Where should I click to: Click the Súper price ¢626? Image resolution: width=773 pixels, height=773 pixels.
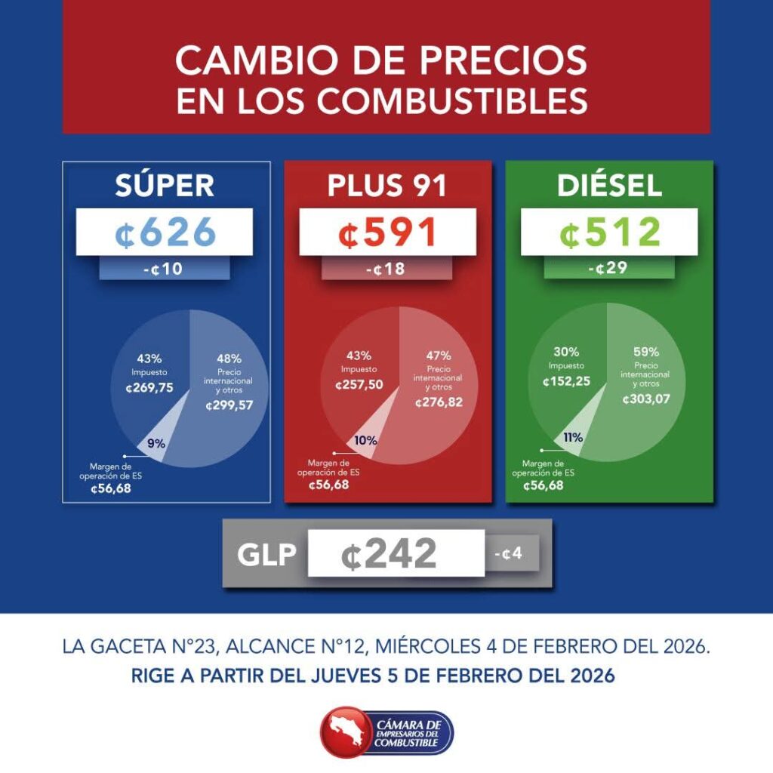click(165, 233)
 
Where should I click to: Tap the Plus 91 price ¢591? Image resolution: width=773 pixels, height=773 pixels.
click(388, 233)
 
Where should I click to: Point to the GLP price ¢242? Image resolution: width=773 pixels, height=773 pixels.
click(389, 556)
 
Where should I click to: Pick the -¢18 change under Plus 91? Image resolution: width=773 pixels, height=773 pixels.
click(386, 269)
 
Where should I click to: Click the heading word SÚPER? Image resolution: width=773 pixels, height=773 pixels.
click(165, 186)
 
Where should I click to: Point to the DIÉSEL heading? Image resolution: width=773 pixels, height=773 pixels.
click(609, 186)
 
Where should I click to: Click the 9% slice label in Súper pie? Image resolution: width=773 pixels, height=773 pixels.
click(156, 443)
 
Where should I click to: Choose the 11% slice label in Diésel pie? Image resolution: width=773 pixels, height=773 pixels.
click(572, 437)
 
